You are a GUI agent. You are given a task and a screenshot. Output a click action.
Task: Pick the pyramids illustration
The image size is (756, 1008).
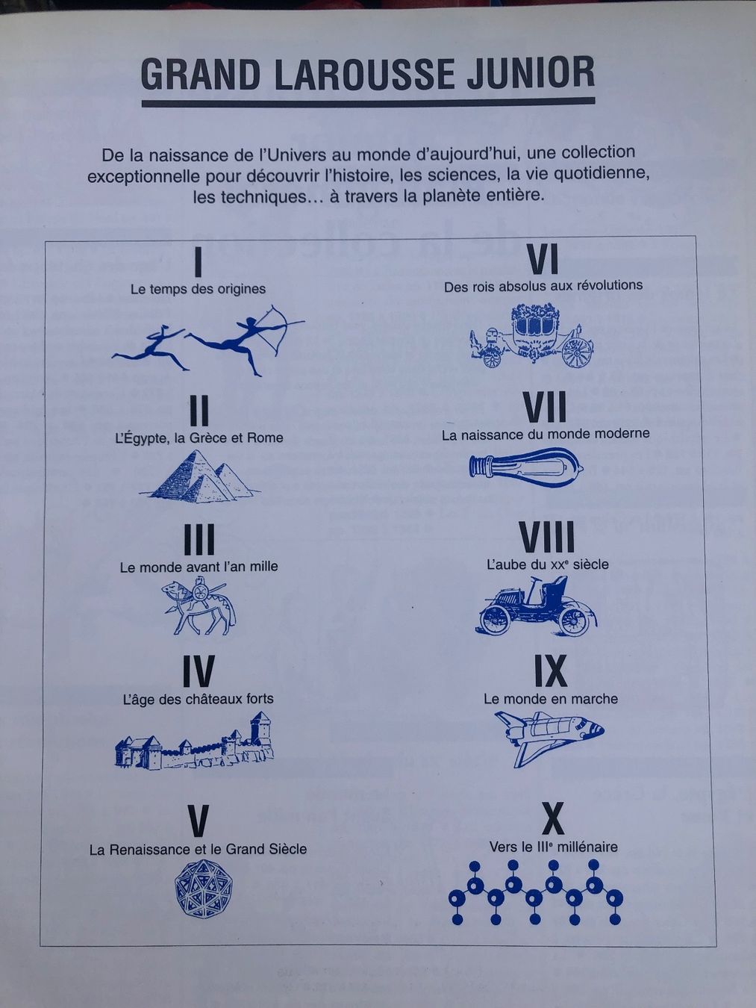point(200,476)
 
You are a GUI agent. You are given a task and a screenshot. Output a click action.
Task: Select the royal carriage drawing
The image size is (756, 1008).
point(531,335)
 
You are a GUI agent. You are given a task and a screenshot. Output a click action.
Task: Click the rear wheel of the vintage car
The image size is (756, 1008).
point(574,621)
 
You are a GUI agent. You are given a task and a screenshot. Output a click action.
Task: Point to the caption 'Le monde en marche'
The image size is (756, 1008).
point(550,698)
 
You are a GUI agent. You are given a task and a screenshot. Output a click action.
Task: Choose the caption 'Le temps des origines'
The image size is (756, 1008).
point(198,289)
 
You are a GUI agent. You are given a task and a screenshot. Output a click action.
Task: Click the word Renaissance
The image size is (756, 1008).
point(152,850)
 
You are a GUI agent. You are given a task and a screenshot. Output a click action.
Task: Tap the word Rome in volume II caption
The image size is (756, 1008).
point(265,438)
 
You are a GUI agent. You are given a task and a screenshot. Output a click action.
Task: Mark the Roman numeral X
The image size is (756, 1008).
point(553,819)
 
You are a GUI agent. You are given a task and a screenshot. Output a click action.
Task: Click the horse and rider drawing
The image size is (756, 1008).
point(199,606)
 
